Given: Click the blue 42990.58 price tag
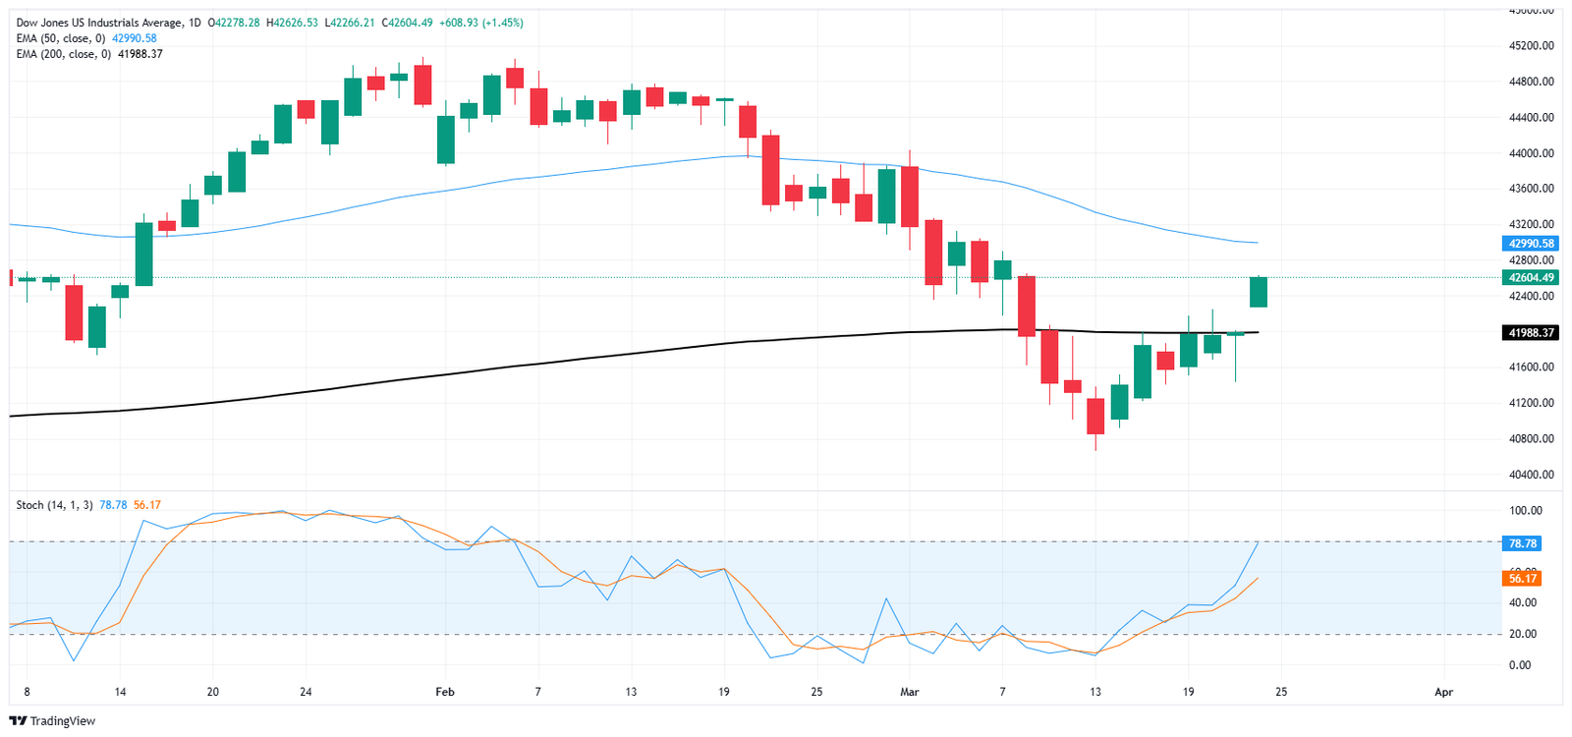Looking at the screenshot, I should (1531, 244).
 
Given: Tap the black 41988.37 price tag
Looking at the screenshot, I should (1531, 333).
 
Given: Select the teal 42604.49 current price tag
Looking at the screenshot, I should (1531, 277).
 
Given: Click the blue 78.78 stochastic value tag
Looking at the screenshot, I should (1522, 543).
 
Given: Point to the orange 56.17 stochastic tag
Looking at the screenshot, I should (1522, 578).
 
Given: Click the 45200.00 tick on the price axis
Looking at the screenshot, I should (1533, 46).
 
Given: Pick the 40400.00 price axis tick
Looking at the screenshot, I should (1533, 475).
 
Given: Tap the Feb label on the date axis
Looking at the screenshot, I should (445, 692).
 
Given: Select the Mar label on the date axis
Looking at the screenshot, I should (910, 692).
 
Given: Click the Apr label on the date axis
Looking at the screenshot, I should (1443, 692).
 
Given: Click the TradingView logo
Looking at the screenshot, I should (55, 721).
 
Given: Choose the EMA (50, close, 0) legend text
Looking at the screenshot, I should (60, 38).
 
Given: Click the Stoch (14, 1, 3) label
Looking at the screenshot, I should (54, 505).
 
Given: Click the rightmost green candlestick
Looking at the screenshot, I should (1259, 292).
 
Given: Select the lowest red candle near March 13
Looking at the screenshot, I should (1095, 416).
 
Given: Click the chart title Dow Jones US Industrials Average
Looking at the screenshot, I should (99, 23).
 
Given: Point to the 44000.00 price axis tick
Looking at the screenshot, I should (1533, 153).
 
